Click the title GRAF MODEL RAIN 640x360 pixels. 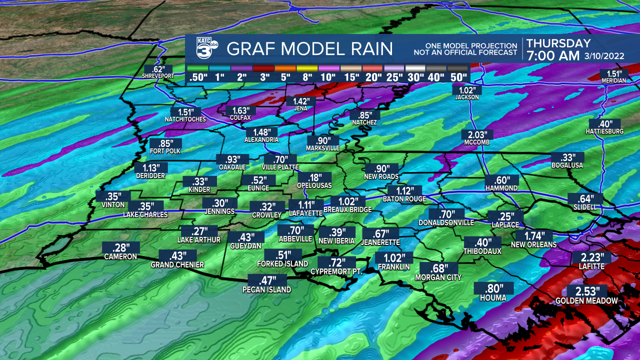tap(309, 49)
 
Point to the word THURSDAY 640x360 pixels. tap(558, 43)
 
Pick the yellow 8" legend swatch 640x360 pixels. tap(307, 68)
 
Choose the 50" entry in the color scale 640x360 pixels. tap(458, 68)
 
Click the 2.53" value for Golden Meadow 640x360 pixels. tap(587, 291)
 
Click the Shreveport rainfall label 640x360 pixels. tap(158, 69)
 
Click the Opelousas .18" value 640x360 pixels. tap(314, 178)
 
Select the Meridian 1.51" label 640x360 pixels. tap(613, 75)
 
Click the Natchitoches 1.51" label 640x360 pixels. tap(185, 112)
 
